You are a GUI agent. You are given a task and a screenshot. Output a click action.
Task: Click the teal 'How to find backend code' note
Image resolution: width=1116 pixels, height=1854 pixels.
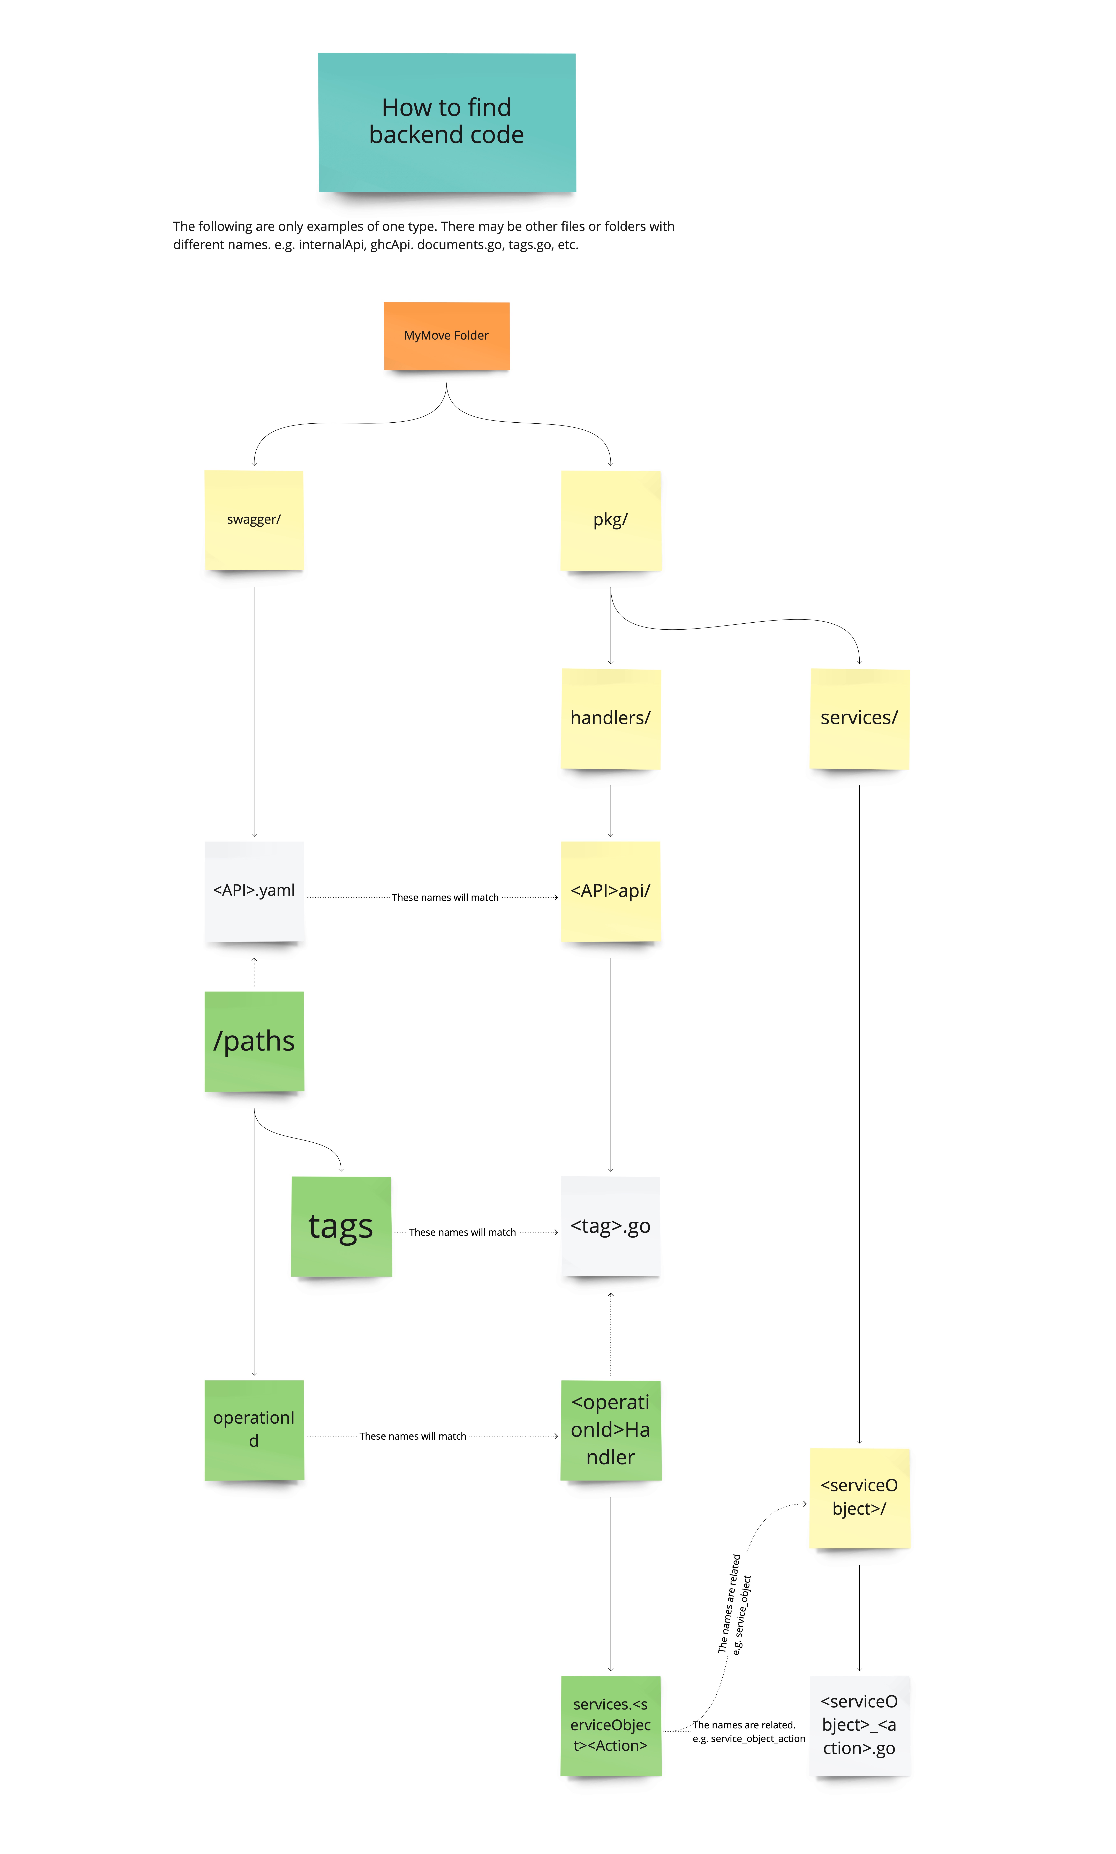[447, 122]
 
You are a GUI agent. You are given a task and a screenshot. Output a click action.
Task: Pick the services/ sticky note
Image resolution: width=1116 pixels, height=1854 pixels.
[859, 718]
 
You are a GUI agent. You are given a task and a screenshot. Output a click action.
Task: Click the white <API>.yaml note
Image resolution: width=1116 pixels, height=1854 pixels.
[254, 891]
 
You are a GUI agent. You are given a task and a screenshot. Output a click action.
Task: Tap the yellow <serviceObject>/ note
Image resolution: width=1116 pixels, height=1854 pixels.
[859, 1498]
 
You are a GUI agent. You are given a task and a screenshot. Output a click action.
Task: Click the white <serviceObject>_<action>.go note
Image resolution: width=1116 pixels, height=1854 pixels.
[859, 1725]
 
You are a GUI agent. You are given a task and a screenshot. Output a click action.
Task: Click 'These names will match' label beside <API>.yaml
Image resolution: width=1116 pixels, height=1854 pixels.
[445, 897]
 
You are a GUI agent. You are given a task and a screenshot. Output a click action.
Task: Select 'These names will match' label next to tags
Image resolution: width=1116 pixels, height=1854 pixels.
[462, 1232]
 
